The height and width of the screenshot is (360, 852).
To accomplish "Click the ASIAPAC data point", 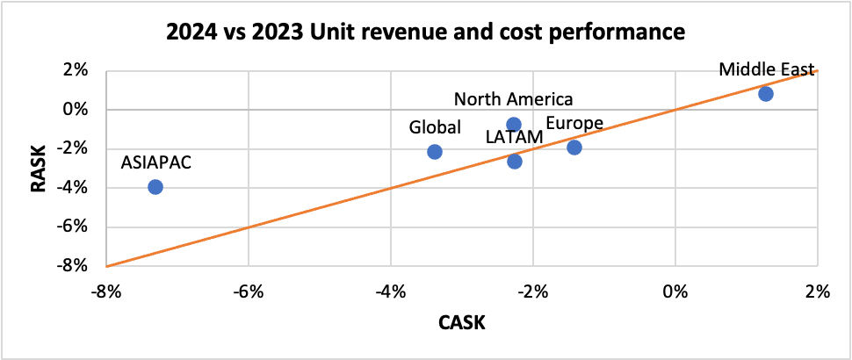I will [155, 187].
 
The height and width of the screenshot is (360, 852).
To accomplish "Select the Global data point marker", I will [434, 152].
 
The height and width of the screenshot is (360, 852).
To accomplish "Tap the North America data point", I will [514, 125].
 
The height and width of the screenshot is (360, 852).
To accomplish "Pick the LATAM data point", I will [515, 162].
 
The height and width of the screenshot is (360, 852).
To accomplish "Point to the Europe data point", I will [574, 147].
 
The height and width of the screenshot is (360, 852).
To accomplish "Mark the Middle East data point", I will [766, 94].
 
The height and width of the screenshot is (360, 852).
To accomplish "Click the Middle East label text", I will [767, 69].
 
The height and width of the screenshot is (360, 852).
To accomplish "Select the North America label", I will [514, 99].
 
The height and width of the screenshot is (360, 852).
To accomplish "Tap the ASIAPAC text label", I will [155, 162].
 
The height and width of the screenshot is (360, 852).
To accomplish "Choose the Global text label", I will [435, 127].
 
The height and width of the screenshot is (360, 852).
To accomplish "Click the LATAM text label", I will [515, 137].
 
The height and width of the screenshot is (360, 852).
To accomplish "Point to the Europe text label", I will [574, 123].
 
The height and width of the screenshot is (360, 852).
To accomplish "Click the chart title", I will [425, 34].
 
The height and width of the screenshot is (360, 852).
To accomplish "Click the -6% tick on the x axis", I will [249, 292].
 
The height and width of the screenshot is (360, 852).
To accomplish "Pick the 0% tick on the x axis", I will [675, 292].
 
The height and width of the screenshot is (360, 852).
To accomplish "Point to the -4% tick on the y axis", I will [78, 188].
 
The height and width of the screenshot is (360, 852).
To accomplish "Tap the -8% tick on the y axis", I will [78, 265].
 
